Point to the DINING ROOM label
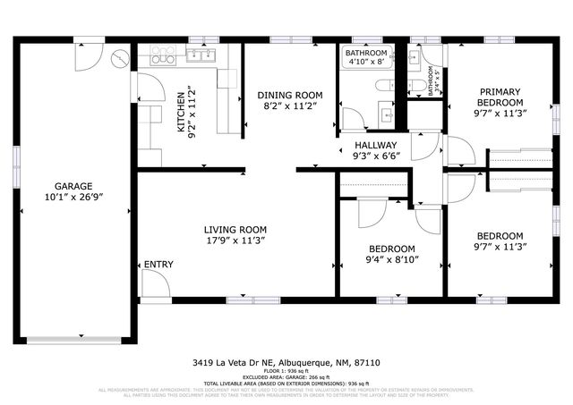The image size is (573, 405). click(289, 95)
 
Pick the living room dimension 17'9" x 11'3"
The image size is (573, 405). click(235, 240)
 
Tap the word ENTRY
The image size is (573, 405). click(158, 265)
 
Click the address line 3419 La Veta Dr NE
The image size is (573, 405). click(240, 363)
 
